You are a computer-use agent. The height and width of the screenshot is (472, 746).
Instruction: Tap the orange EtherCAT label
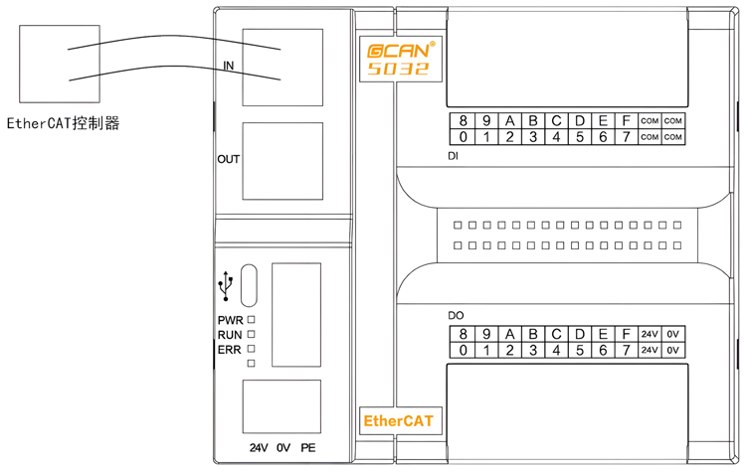397,421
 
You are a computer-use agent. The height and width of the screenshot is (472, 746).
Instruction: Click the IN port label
228,66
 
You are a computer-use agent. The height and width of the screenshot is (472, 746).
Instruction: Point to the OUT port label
229,159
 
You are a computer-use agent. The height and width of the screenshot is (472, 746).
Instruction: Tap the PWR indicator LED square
252,320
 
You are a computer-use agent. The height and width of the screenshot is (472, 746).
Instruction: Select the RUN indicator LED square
252,335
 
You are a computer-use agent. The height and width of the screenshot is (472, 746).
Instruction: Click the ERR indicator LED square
252,350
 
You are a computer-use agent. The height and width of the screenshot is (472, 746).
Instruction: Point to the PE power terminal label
308,448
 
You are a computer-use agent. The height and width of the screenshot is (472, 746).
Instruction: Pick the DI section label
454,157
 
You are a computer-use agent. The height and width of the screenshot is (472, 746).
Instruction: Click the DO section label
456,315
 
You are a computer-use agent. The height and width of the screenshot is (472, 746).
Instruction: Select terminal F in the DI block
626,121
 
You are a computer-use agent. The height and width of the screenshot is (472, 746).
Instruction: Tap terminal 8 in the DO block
464,334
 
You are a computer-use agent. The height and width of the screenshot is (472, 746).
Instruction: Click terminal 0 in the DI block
464,137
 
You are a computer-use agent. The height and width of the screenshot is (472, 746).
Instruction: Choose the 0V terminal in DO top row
674,334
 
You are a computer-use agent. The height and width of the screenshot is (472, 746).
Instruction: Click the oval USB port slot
248,286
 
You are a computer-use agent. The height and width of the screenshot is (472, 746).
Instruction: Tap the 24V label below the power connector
260,448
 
